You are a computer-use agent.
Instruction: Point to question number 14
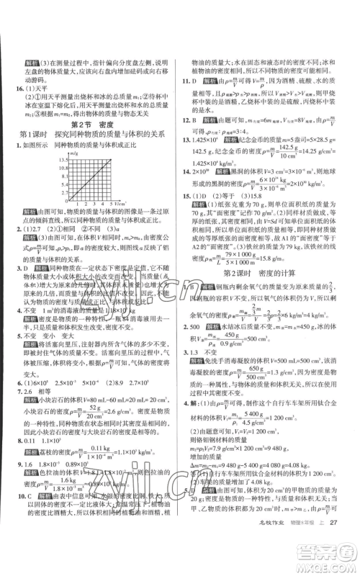coord(189,174)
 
